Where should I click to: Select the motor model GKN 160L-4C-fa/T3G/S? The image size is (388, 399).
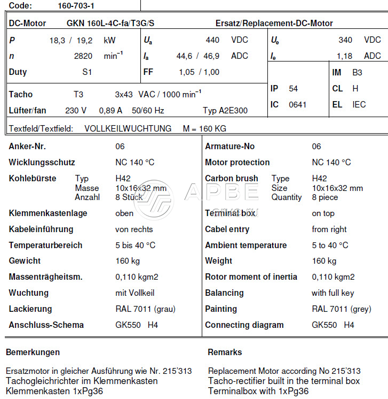tap(110, 24)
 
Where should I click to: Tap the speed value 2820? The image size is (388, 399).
tap(83, 56)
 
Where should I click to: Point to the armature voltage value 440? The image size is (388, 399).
tap(212, 40)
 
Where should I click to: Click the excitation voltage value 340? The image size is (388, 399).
tap(345, 40)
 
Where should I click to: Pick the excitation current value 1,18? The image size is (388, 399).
tap(344, 56)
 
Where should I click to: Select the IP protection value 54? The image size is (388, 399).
tap(294, 89)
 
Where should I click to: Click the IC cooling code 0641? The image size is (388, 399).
tap(298, 105)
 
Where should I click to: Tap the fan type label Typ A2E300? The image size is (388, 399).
tap(225, 111)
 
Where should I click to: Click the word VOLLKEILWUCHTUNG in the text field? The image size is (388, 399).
tap(128, 128)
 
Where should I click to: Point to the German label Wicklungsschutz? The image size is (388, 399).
tap(42, 163)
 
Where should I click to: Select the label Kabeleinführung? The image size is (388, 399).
tap(41, 229)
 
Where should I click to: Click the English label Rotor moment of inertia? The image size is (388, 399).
tap(251, 277)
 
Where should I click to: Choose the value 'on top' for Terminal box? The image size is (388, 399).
tap(323, 213)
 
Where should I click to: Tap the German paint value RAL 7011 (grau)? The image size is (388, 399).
tap(145, 309)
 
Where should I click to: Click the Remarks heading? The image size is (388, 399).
tap(225, 352)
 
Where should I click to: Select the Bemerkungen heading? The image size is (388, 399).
tap(33, 352)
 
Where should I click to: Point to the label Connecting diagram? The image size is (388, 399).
tap(244, 325)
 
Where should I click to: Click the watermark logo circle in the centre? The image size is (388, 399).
tap(153, 199)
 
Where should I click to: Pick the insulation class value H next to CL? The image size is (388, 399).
tap(355, 89)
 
